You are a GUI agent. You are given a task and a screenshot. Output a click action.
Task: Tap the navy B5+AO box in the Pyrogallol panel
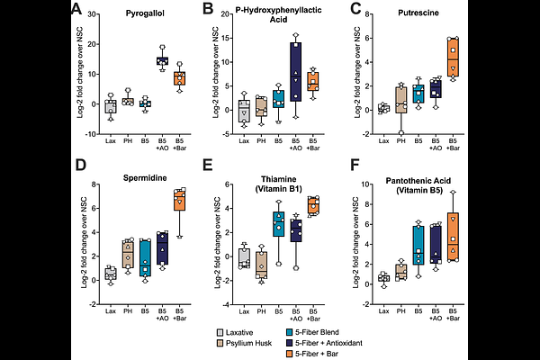point(162,60)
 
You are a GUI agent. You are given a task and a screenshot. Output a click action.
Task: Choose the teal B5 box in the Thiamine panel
point(280,224)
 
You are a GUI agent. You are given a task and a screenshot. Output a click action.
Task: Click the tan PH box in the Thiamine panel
point(262,262)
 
